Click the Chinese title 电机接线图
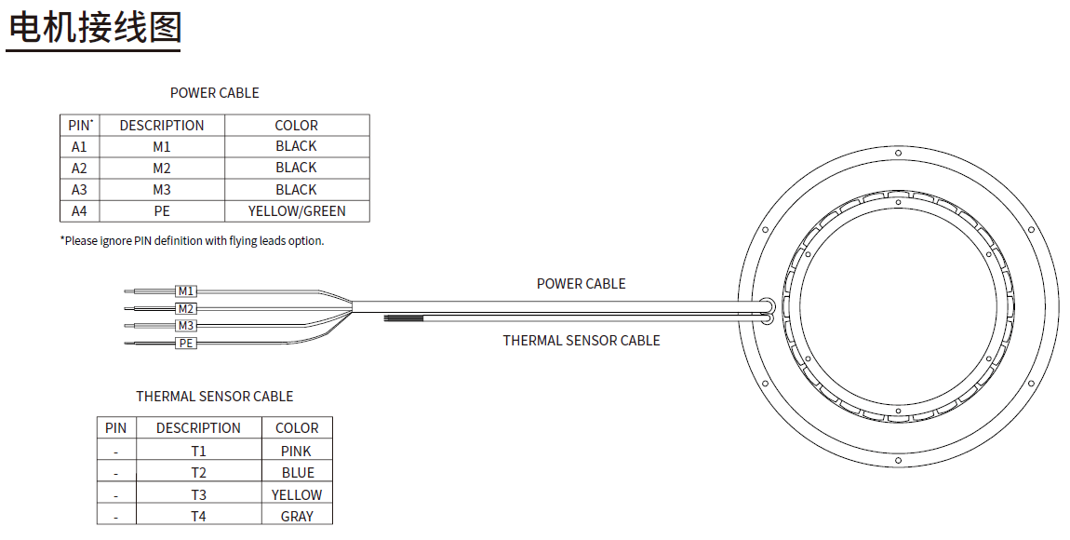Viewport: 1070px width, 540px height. pyautogui.click(x=95, y=28)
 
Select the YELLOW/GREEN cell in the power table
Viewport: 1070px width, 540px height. pyautogui.click(x=297, y=211)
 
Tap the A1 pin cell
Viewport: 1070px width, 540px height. pyautogui.click(x=79, y=146)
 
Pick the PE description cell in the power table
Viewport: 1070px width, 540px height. pyautogui.click(x=162, y=211)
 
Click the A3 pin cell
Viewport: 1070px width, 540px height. pyautogui.click(x=79, y=190)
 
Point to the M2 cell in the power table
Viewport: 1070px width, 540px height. pyautogui.click(x=162, y=168)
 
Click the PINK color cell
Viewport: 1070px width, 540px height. pyautogui.click(x=296, y=451)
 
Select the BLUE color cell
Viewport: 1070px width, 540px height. pyautogui.click(x=298, y=473)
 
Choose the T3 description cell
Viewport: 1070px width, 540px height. pyautogui.click(x=198, y=494)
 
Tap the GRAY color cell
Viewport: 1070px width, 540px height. pyautogui.click(x=297, y=516)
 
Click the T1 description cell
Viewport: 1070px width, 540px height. pyautogui.click(x=198, y=451)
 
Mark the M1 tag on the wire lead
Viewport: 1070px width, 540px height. pyautogui.click(x=186, y=291)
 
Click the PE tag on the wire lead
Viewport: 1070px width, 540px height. pyautogui.click(x=186, y=344)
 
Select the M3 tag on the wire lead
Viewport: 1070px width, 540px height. pyautogui.click(x=186, y=326)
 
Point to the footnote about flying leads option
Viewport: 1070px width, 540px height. pyautogui.click(x=193, y=240)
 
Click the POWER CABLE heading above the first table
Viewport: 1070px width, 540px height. pyautogui.click(x=214, y=93)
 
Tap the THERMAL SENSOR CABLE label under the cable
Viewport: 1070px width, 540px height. pyautogui.click(x=582, y=341)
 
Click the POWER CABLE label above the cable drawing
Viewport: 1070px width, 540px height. pyautogui.click(x=581, y=283)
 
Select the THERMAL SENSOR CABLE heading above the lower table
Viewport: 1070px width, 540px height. pyautogui.click(x=214, y=397)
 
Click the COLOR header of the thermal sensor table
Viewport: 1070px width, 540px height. pyautogui.click(x=297, y=428)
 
